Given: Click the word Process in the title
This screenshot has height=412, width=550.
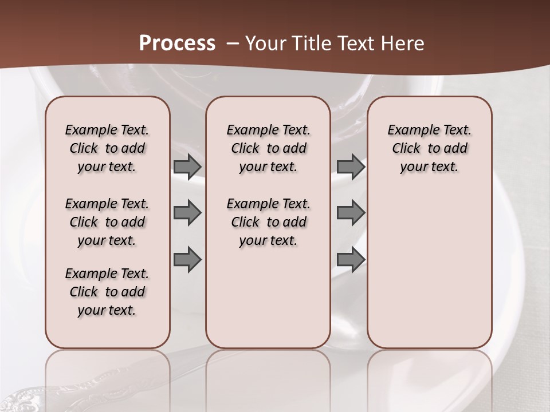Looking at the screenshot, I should coord(177,43).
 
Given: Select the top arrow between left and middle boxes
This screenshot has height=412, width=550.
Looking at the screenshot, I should coord(187,167).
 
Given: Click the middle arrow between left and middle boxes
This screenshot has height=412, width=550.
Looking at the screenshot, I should coord(187,213).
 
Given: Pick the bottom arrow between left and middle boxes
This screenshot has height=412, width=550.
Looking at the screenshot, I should coord(187,260).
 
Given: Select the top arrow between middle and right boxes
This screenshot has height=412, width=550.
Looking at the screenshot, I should coord(351,167).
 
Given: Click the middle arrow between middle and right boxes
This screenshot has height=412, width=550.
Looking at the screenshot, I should coord(351,213).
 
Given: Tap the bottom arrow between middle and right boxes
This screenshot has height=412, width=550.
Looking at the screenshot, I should coord(351,260).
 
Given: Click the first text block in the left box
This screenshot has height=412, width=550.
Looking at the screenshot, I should coord(107,148).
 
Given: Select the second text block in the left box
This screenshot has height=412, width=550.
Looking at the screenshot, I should coord(107,222).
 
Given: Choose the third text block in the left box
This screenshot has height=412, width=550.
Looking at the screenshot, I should coord(107,292).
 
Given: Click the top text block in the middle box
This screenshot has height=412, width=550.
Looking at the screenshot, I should coord(268,148).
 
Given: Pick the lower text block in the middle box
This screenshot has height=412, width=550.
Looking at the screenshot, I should coord(268,222).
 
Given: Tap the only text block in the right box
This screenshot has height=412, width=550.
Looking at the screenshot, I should coord(429,148).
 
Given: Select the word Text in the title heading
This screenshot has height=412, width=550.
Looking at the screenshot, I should coord(352,43).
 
